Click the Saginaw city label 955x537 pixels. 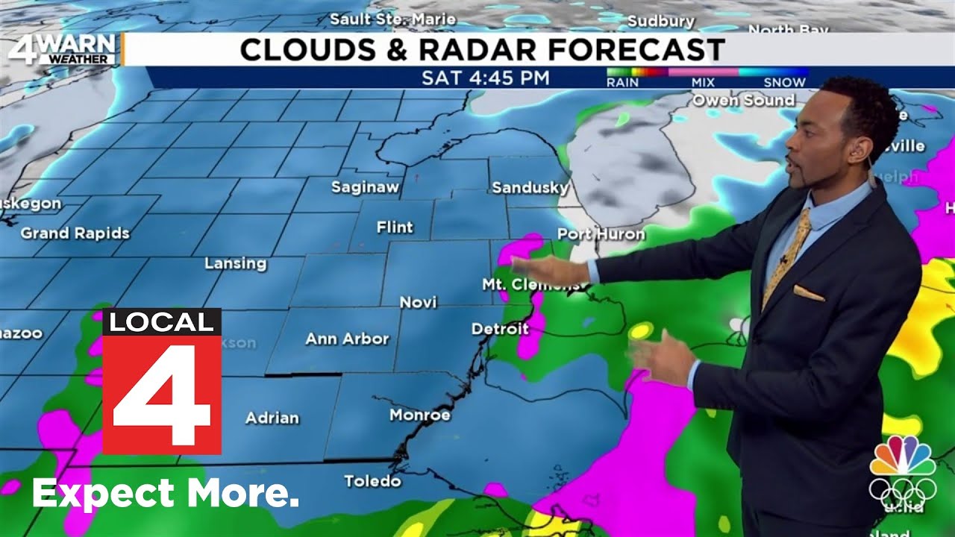(366, 187)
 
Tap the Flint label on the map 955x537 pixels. (395, 227)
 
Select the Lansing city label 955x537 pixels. (235, 263)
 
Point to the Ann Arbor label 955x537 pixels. (347, 339)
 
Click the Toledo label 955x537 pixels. (372, 481)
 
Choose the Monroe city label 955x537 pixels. (420, 415)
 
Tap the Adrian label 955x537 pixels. (272, 418)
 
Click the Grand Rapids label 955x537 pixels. (75, 233)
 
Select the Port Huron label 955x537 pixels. (601, 234)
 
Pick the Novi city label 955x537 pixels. (418, 302)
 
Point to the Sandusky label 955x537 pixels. (530, 188)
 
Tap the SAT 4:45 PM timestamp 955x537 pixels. (486, 78)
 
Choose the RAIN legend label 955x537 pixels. (622, 82)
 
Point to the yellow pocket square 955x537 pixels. (809, 292)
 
